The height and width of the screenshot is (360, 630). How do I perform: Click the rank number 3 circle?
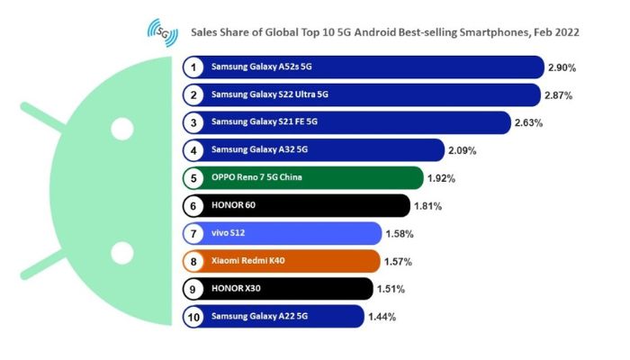[193, 121]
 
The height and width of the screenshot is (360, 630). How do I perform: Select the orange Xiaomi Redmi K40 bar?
[297, 261]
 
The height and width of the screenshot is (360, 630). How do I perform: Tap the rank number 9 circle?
[193, 289]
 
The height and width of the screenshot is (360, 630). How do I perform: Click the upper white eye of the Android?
[121, 128]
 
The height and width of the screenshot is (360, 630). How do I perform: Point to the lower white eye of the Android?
[121, 251]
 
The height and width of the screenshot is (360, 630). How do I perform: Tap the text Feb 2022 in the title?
[555, 32]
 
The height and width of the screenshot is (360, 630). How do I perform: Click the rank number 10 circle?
[193, 317]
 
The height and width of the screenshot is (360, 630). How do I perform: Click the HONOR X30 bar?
[288, 289]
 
